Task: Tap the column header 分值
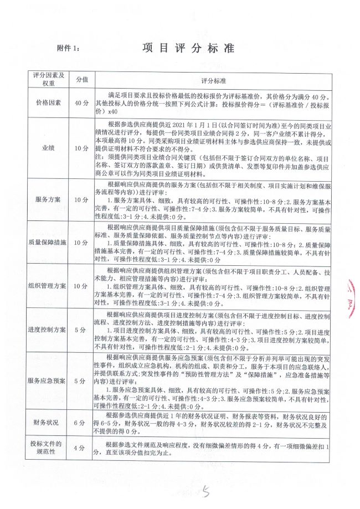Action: (81, 79)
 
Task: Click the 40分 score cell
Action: (81, 103)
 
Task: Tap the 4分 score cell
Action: (81, 449)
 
